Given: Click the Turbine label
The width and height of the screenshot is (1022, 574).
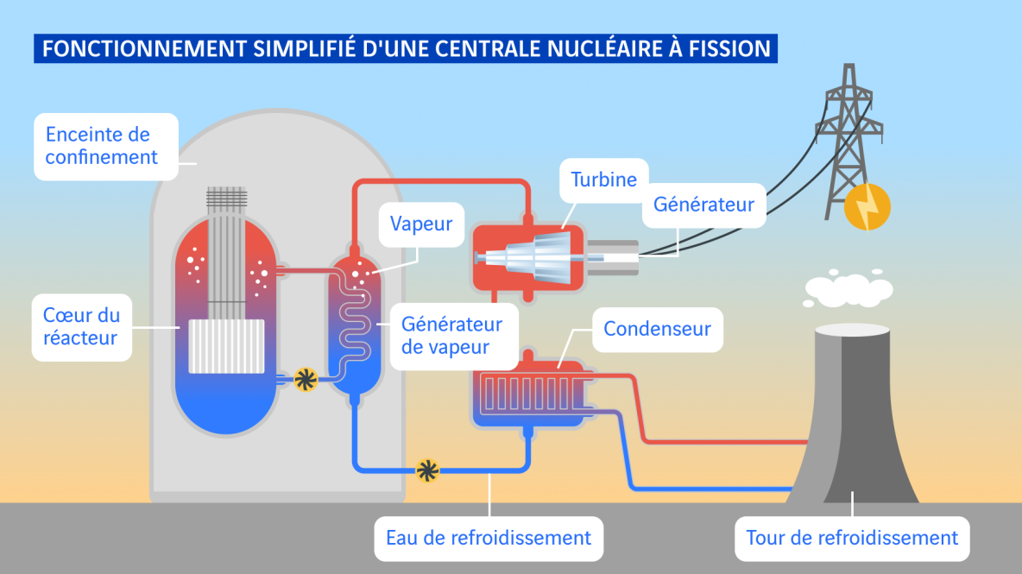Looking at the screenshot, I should (603, 180).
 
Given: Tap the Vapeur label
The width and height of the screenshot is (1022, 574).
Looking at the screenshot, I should (421, 224).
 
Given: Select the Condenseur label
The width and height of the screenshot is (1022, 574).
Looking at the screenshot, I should (657, 329).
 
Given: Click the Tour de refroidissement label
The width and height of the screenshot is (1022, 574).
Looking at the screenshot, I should (852, 538).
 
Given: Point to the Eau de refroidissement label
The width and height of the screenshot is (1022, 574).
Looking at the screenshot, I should (489, 538).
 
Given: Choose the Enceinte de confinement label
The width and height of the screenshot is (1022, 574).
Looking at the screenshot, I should (102, 146).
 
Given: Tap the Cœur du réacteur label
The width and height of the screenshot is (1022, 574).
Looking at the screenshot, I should (82, 325).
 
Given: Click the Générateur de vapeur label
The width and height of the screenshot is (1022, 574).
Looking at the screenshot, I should (451, 337).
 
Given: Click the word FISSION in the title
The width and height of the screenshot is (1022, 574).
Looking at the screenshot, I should (728, 48).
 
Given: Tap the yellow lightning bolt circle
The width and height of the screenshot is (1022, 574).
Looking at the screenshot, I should (866, 208).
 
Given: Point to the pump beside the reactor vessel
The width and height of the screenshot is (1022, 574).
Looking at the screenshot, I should (306, 378).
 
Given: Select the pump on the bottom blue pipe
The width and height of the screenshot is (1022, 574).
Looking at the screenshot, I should (427, 470).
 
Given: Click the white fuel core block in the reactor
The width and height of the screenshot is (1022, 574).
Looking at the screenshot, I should (226, 346).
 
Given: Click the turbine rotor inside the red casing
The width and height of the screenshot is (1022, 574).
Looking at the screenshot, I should (530, 256).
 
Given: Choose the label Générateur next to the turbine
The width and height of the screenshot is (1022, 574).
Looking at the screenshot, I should (703, 205).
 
